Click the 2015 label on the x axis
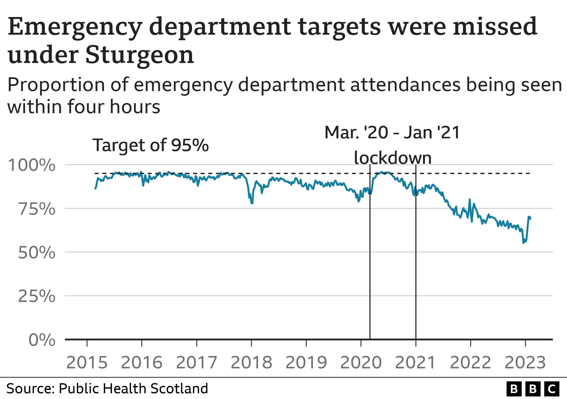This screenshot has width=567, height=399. (87, 362)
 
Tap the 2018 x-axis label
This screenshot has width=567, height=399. (251, 362)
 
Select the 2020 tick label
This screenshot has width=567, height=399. (361, 362)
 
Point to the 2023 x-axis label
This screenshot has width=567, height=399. (525, 362)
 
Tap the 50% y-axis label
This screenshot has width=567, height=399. (37, 253)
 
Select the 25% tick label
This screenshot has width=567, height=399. (37, 296)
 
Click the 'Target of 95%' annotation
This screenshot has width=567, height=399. (150, 145)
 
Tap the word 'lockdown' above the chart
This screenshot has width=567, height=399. (393, 158)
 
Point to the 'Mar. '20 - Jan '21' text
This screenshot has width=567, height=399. (392, 132)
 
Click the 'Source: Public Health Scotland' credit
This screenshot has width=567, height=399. (107, 388)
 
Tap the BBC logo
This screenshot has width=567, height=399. (533, 389)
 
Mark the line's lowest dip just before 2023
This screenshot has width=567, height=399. (523, 243)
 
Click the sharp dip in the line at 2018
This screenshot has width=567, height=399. (252, 203)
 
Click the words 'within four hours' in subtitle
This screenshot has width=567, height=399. (84, 107)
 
